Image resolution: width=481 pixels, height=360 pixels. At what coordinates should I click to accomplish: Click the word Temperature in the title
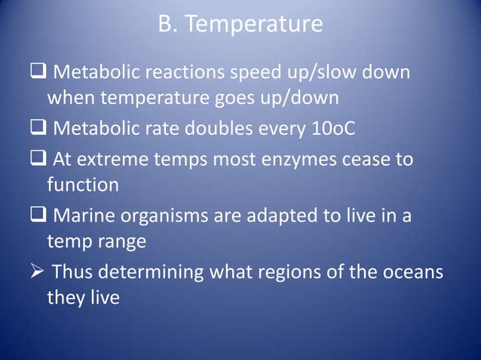253,26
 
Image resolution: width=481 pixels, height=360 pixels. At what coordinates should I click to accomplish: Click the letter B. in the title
167,26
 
